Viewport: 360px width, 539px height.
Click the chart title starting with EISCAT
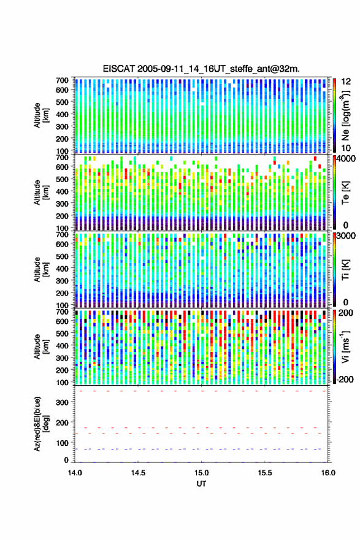tap(201, 69)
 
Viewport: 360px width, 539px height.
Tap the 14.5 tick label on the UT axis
tap(138, 473)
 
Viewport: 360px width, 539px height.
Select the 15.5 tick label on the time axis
tap(265, 473)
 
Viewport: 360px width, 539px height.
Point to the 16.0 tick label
tap(328, 473)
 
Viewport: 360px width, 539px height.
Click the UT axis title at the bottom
tap(201, 484)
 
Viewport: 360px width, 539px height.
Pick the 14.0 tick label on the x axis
tap(75, 473)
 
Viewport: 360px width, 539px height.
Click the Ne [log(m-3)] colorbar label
tap(345, 115)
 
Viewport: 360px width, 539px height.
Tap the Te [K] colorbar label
tap(345, 193)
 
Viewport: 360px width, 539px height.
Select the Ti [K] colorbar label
tap(345, 270)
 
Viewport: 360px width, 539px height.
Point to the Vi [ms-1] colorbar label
tap(345, 346)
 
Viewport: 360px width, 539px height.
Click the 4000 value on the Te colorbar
tap(345, 159)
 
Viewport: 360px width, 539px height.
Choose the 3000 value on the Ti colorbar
tap(345, 236)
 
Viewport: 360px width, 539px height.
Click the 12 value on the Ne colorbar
tap(346, 82)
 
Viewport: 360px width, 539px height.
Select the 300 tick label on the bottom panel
tap(62, 402)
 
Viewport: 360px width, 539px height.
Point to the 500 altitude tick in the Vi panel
tap(62, 333)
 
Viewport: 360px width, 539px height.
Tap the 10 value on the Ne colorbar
tap(346, 148)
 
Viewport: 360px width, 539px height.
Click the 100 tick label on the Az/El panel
tap(62, 443)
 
